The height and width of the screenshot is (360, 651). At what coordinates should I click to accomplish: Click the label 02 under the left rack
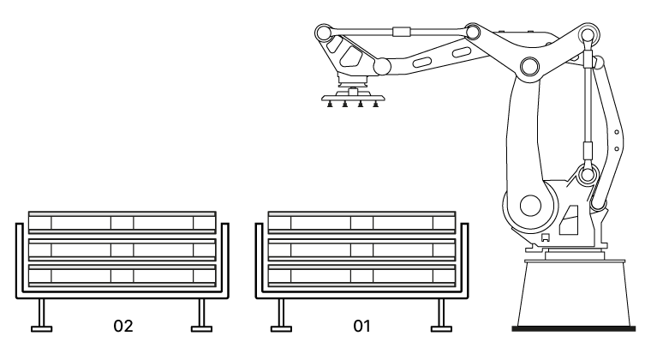[123, 326]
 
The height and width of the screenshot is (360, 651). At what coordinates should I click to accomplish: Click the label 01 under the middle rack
[361, 326]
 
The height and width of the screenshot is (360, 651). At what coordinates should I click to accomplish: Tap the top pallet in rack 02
[122, 222]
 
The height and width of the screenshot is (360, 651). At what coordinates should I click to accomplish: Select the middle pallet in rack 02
[122, 250]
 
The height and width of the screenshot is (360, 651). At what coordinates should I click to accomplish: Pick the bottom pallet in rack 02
[122, 276]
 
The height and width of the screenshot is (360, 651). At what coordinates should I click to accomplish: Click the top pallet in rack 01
[361, 222]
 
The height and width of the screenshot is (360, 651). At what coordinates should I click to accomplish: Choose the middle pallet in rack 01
[361, 250]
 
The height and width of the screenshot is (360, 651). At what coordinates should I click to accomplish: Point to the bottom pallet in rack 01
[361, 276]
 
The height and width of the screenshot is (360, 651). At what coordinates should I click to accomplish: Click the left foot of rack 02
[41, 329]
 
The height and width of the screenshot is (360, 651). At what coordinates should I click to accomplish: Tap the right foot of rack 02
[202, 329]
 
